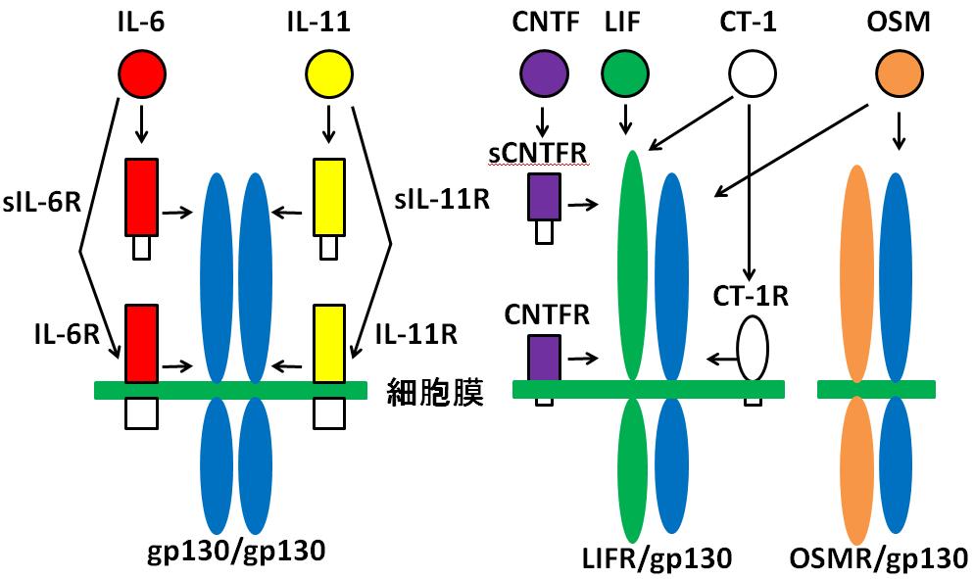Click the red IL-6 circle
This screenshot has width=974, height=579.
[141, 74]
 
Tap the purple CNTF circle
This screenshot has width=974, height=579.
[542, 74]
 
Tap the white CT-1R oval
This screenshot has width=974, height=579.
[753, 347]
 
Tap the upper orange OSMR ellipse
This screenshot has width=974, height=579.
[858, 272]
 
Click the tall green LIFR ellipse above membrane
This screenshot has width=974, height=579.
[632, 265]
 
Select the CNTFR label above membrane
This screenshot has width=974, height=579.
[547, 314]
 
